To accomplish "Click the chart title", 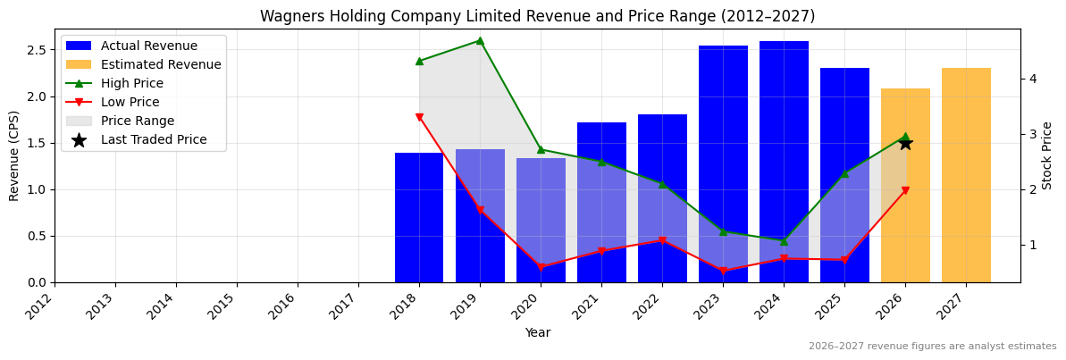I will click(537, 17).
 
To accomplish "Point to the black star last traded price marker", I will click(905, 143).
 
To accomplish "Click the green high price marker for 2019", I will click(480, 40).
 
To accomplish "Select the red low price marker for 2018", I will click(419, 118).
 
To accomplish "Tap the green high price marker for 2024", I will click(784, 241).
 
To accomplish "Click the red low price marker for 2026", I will click(905, 190).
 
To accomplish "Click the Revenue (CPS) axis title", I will click(14, 155).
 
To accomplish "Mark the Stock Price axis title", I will click(1047, 155).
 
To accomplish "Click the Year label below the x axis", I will click(537, 333).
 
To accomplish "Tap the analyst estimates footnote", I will click(932, 347).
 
